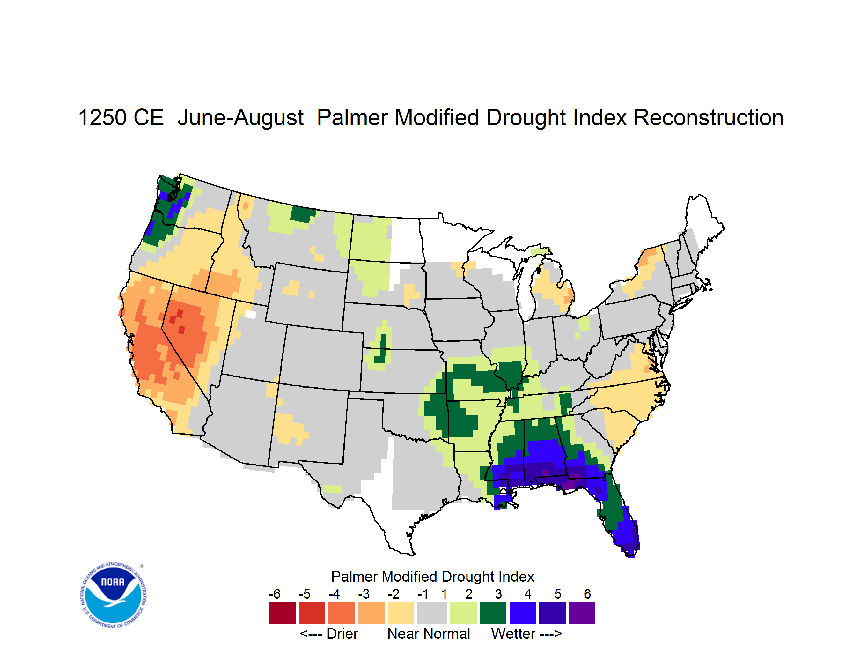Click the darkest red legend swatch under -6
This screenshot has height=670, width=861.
point(282,613)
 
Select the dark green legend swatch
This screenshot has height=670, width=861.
point(493,613)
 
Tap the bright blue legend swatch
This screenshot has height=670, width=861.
point(523,613)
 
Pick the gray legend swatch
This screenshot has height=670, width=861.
point(432,613)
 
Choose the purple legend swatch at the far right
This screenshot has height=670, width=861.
point(582,613)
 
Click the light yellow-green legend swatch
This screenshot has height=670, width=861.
point(463,613)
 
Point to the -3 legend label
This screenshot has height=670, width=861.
point(364,593)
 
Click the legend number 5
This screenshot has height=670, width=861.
point(558,593)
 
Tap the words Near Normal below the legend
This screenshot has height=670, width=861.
point(429,634)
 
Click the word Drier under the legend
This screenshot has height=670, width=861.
point(342,634)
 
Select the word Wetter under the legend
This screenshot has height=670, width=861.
point(513,634)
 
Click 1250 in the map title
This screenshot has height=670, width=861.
point(103,117)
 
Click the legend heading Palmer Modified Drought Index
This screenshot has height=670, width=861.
point(432,577)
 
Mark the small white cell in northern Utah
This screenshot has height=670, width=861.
point(250,314)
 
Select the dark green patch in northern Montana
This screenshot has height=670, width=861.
point(302,213)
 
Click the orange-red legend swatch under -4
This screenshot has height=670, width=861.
point(342,613)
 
